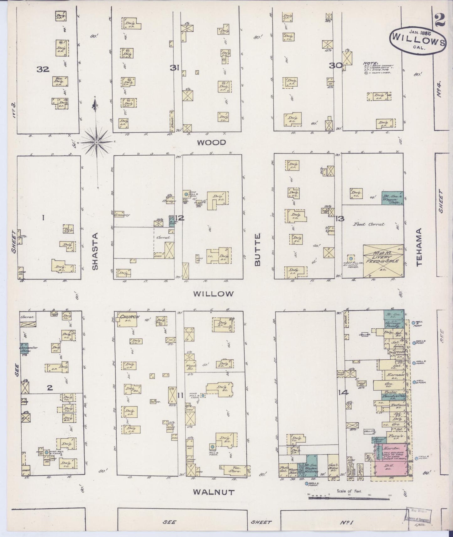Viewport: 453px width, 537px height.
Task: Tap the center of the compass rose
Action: point(97,142)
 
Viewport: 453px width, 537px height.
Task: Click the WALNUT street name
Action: point(213,492)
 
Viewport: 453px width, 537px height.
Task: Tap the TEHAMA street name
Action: point(420,247)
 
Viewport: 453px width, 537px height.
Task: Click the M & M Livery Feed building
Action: point(383,261)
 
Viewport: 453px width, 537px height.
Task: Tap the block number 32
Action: point(43,69)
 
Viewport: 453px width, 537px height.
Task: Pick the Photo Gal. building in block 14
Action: point(284,470)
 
